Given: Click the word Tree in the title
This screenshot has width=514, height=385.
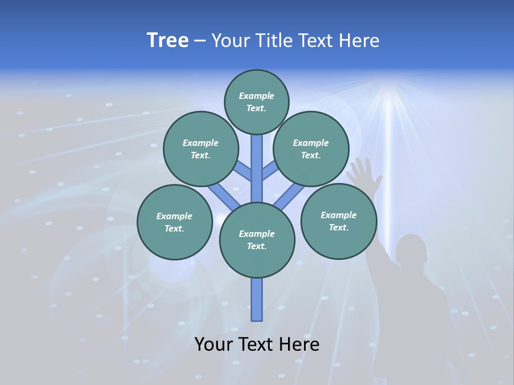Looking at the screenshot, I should coord(168,40).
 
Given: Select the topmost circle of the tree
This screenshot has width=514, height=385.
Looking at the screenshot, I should coord(256,102).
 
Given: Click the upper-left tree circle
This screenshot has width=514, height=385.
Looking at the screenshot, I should coord(200,149).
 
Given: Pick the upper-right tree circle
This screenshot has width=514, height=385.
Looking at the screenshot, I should coord(311,149).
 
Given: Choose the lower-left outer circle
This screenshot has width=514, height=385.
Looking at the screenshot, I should coord(174,222).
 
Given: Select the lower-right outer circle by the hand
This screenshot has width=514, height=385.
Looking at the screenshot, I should coord(338,221).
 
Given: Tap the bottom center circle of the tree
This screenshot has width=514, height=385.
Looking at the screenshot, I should coord(257,240).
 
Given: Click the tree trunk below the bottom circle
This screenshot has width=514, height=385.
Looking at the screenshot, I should coord(257,299).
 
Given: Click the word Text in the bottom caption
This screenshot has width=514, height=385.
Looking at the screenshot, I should coord(258,344).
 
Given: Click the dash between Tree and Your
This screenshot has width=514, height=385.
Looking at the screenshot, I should coord(200,41).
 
